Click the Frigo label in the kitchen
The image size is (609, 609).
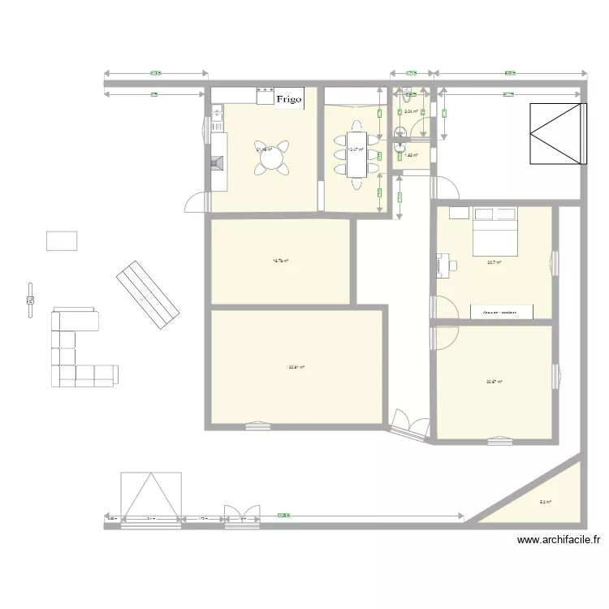tap(289, 99)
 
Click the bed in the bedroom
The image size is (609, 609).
tap(495, 233)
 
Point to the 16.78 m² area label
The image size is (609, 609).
tap(281, 261)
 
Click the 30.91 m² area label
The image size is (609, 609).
tap(296, 367)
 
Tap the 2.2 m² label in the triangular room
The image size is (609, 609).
tap(545, 503)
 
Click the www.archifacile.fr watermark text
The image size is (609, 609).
tap(560, 539)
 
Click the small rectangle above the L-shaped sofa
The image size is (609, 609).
tap(62, 241)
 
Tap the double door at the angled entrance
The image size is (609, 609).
tap(410, 424)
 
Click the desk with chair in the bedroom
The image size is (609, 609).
tap(446, 263)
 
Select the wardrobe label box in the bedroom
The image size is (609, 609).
tap(503, 312)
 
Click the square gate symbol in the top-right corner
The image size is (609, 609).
tap(556, 134)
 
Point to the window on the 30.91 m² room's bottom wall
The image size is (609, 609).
tap(258, 423)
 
